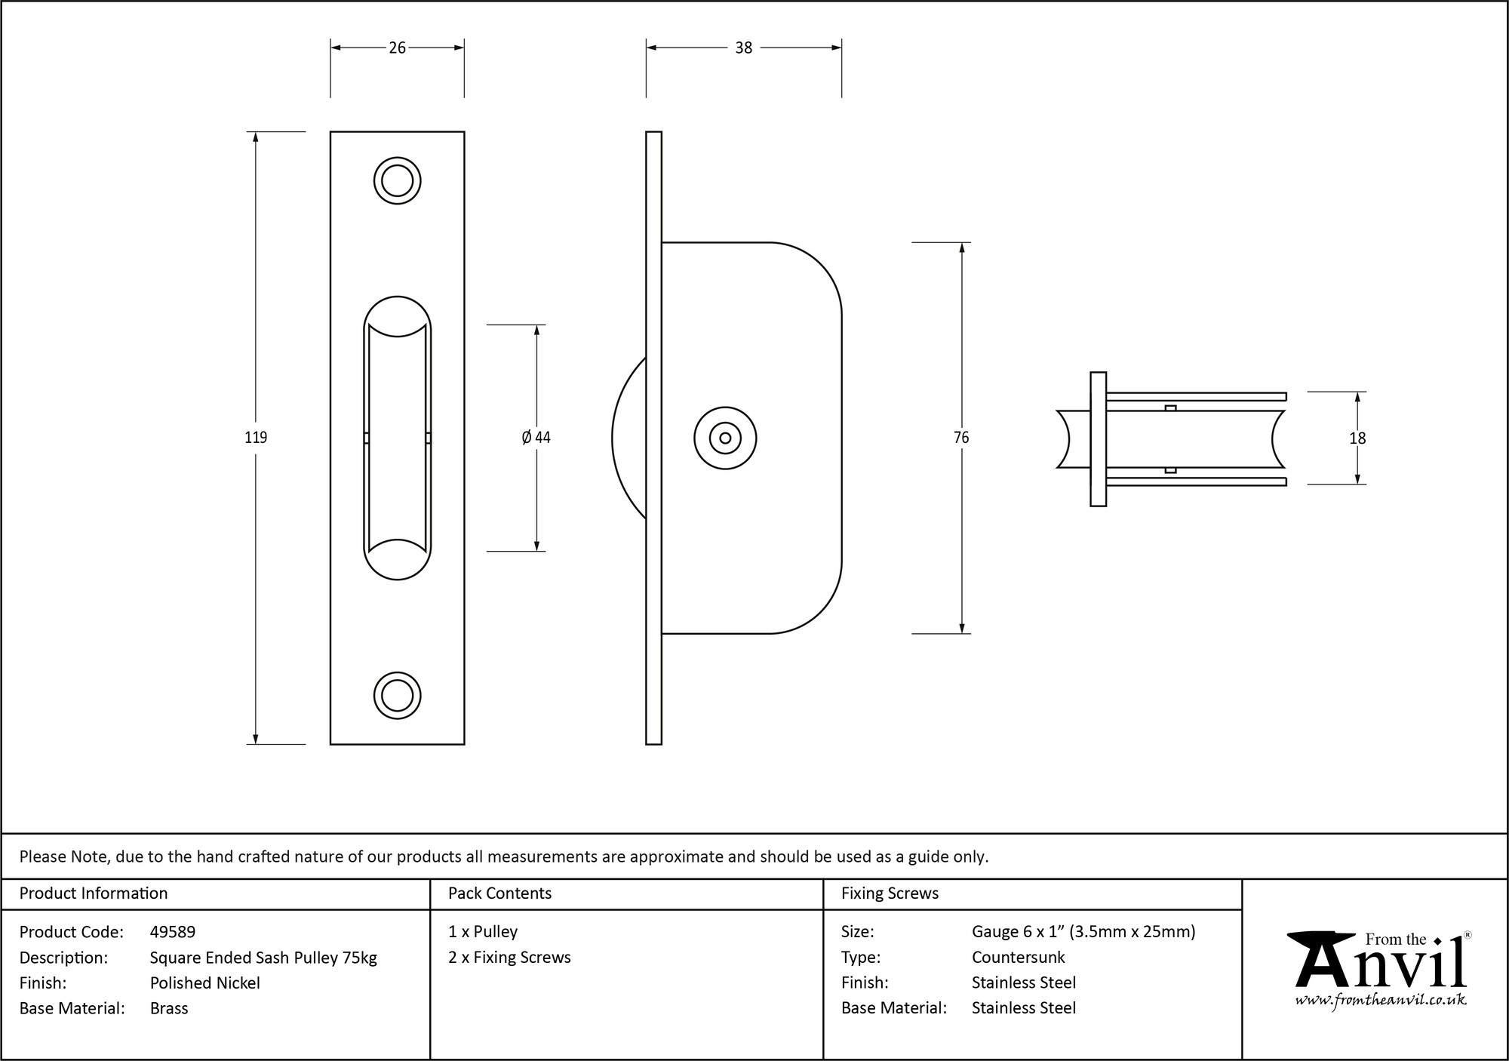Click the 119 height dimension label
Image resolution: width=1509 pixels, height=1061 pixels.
[x=256, y=438]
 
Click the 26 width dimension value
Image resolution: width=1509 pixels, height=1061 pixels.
[x=397, y=48]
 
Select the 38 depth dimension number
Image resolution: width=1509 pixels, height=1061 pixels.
[x=743, y=48]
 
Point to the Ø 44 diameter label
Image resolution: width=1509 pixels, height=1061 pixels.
[x=536, y=438]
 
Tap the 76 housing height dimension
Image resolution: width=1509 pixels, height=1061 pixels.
[x=961, y=438]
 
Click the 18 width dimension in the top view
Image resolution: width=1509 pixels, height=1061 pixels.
[x=1357, y=438]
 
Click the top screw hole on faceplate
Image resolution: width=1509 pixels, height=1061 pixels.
[x=397, y=181]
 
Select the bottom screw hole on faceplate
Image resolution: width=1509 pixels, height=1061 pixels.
[x=397, y=695]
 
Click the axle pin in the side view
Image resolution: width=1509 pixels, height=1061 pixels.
[x=725, y=438]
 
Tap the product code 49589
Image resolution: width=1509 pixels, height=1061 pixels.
[x=173, y=932]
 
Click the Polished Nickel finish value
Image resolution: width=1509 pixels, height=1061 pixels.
[x=204, y=983]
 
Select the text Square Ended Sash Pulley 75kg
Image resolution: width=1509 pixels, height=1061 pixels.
[x=263, y=958]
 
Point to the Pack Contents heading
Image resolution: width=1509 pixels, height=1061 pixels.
[x=499, y=893]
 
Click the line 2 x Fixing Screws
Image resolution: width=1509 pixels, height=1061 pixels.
[x=509, y=957]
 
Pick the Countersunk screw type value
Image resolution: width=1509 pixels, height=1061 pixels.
[x=1018, y=957]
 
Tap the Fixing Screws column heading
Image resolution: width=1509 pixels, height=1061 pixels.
[x=890, y=893]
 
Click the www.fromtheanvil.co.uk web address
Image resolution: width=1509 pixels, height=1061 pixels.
[x=1380, y=1000]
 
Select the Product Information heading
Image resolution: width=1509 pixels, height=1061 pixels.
[x=94, y=893]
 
